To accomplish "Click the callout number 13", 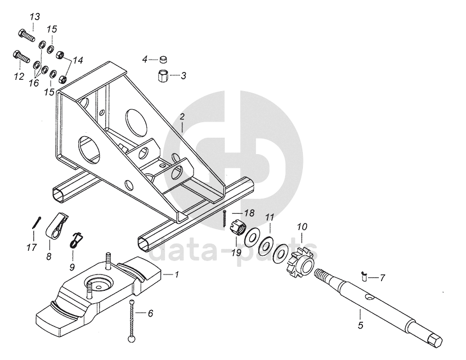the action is click(x=34, y=16).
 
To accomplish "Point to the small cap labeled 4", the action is click(x=163, y=59).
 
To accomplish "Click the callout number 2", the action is click(x=182, y=117).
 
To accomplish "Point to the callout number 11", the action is click(x=270, y=217).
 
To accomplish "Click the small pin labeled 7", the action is click(x=364, y=276).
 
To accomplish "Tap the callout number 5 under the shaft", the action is click(x=360, y=325).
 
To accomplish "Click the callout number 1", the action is click(x=177, y=275).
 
